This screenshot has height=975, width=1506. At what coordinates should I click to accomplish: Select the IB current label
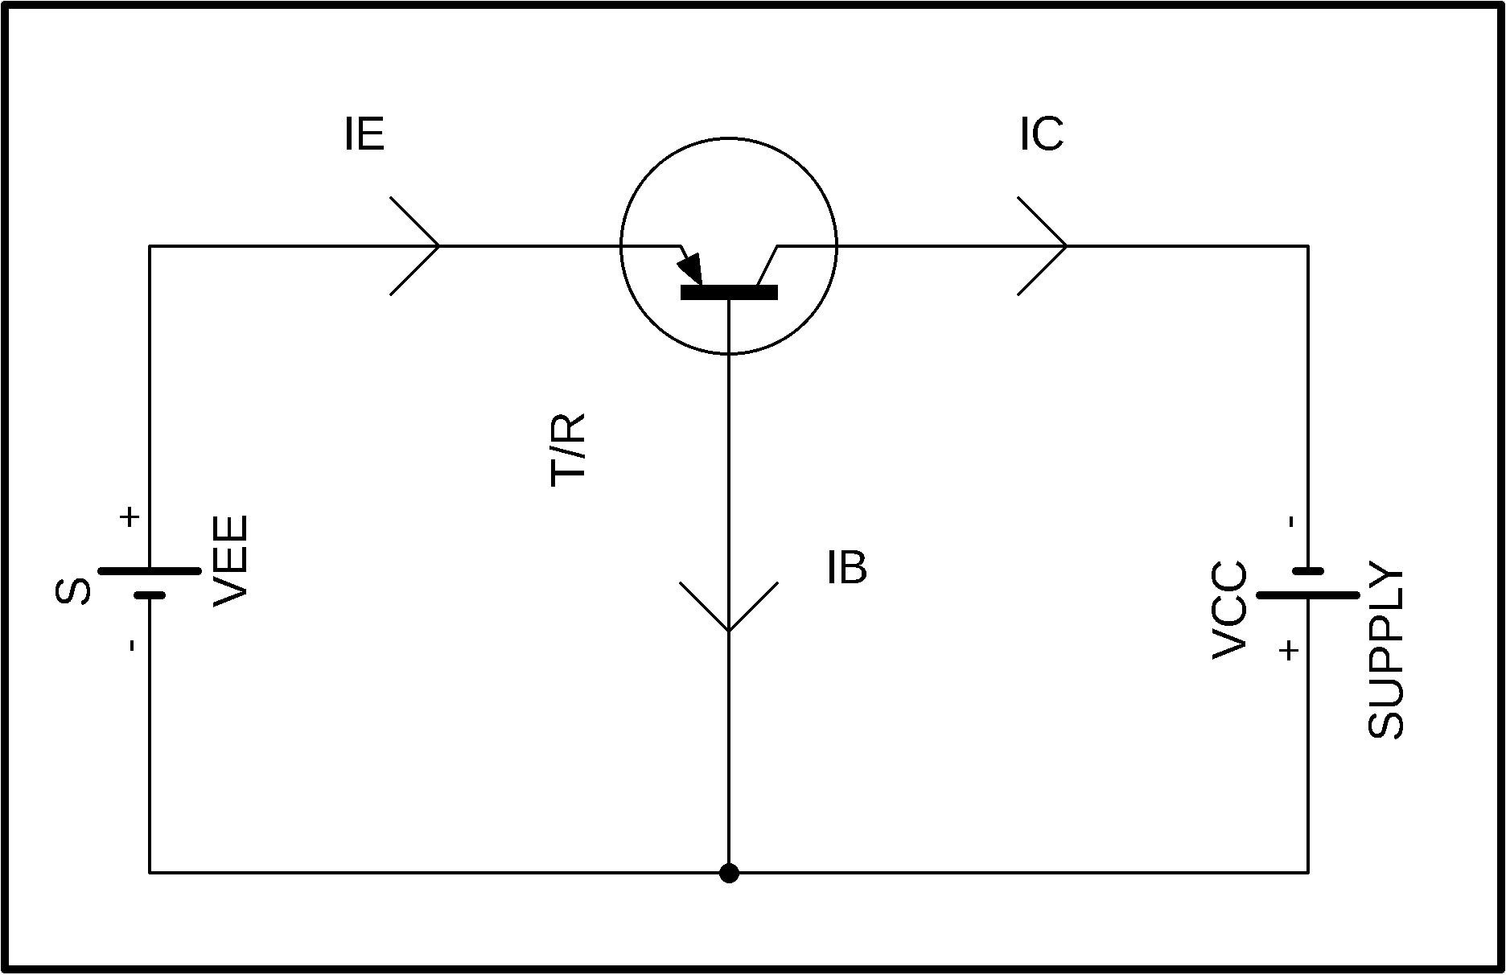click(847, 568)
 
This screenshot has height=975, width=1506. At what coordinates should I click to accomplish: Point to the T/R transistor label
click(568, 450)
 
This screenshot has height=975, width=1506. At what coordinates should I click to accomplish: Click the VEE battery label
click(231, 561)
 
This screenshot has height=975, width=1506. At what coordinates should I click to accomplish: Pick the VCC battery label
click(1230, 611)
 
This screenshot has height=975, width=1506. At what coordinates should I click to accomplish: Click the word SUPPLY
click(1385, 651)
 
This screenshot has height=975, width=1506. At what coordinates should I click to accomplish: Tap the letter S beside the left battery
click(72, 591)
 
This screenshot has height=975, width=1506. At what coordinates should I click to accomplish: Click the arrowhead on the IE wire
click(415, 245)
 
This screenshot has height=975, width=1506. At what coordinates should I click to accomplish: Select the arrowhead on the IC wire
click(1043, 245)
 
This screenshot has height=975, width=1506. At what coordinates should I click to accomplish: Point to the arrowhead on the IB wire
click(729, 607)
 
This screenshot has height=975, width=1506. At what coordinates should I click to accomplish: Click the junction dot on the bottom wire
click(729, 873)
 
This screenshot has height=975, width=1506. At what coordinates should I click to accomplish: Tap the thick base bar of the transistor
click(729, 293)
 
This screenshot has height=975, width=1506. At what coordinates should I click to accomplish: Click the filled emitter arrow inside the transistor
click(692, 269)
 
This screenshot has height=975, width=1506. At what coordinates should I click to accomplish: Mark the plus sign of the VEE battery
click(129, 516)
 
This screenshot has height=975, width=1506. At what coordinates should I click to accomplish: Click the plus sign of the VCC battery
click(1289, 650)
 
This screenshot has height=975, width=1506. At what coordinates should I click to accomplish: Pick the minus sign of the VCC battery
click(1292, 521)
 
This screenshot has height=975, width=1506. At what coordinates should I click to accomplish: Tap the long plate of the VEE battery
click(150, 571)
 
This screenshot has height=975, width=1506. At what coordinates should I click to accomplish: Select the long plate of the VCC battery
click(1308, 595)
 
